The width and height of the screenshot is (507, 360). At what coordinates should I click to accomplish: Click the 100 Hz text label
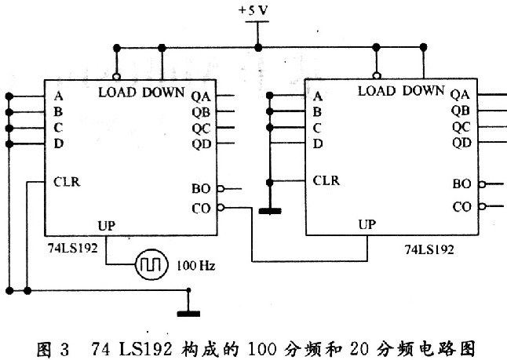point(196,266)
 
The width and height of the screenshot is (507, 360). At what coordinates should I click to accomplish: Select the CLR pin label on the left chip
point(67,182)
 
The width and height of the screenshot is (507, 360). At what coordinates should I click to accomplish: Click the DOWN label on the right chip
point(423,90)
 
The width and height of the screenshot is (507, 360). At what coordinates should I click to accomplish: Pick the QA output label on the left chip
point(201,96)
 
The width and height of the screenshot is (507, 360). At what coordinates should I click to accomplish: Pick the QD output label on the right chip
point(461,142)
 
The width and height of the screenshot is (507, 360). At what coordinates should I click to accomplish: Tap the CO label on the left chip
point(201,207)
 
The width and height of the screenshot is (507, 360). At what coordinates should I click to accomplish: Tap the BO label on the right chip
point(461,184)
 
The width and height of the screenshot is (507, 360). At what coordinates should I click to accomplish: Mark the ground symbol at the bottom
point(188,313)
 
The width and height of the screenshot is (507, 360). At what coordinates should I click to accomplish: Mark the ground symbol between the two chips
point(269,211)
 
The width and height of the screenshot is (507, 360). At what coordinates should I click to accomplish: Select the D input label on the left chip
point(59,144)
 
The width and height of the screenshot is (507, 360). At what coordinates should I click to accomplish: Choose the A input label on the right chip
point(318,96)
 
